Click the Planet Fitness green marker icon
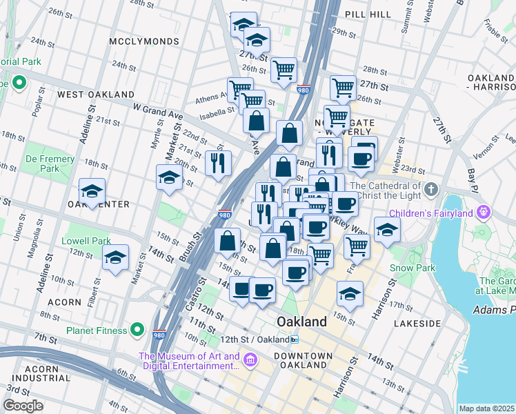pos(138,330)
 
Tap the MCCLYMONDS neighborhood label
pos(144,41)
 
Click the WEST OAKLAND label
pos(96,94)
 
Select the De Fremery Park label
pos(50,164)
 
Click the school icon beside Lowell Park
pos(115,259)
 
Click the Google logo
pos(23,405)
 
